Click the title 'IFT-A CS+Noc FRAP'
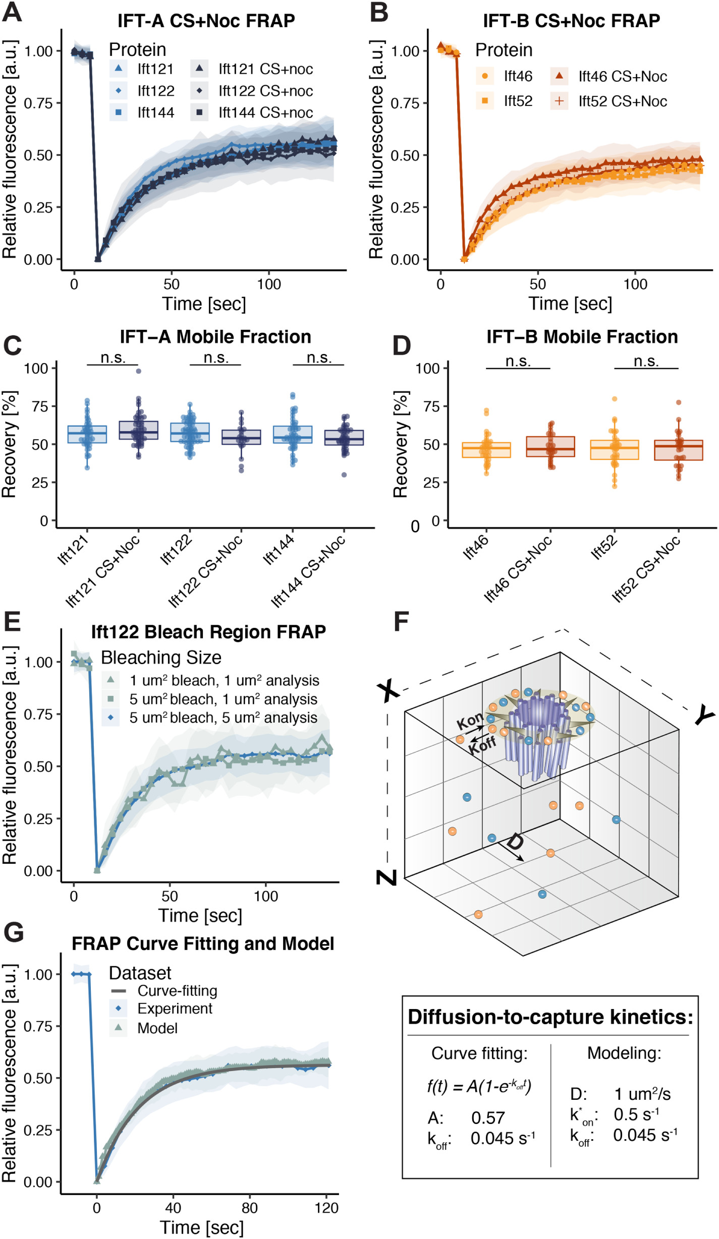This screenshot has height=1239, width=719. coord(206,21)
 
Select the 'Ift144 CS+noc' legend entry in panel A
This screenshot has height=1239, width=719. coord(265,112)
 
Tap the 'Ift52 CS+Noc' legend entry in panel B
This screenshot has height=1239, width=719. coord(622,101)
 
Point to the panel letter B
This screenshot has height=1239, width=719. coord(379,12)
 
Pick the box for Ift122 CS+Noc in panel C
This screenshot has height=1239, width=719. coord(241,437)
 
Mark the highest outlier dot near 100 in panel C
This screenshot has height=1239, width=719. coord(138,371)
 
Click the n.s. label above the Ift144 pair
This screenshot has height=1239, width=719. coord(318,358)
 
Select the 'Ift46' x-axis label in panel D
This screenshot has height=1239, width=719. coord(476,547)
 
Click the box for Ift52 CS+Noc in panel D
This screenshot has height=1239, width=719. coord(678,450)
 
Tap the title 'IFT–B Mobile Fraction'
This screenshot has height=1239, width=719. coord(582,337)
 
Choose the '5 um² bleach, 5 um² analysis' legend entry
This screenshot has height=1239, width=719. coord(223,717)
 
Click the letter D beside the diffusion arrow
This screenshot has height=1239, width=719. coord(514,841)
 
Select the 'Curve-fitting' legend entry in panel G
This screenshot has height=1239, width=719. coord(177,990)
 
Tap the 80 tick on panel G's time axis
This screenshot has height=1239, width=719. coord(249,1207)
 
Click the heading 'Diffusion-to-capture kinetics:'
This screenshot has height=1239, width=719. coord(550,1017)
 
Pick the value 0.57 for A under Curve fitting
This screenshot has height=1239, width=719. coord(488,1117)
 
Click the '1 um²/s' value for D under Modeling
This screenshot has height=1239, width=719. coord(642,1094)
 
